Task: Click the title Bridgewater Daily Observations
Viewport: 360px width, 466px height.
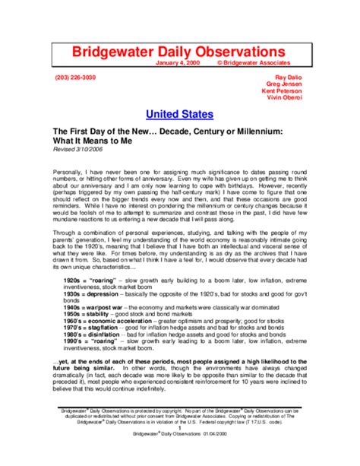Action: point(179,51)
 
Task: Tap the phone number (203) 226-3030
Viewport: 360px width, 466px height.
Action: point(75,78)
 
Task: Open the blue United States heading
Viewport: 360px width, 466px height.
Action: point(179,115)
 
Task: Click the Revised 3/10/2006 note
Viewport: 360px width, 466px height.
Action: point(79,150)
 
